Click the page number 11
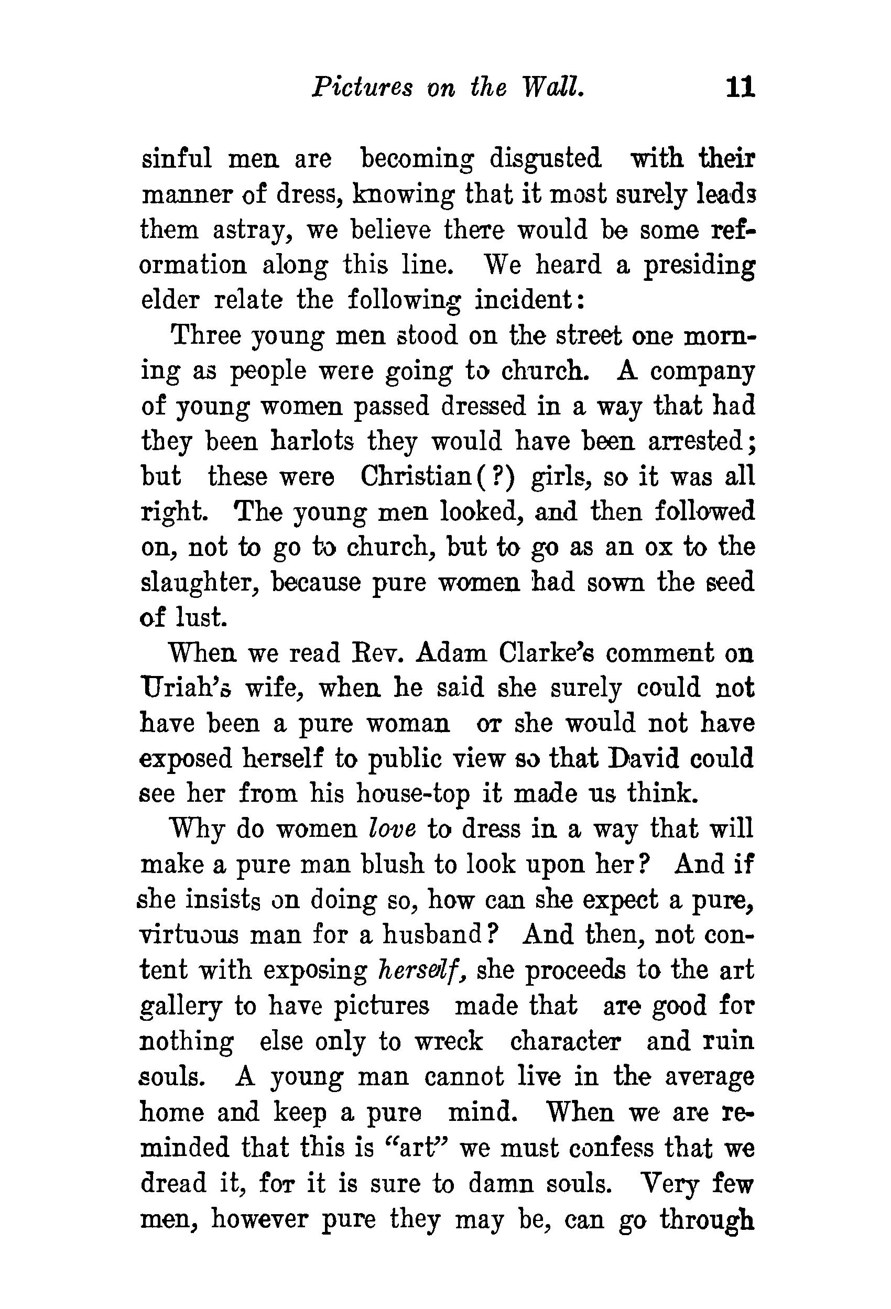[740, 88]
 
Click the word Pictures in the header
[362, 88]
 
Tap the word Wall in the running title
[553, 88]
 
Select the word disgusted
[545, 159]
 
